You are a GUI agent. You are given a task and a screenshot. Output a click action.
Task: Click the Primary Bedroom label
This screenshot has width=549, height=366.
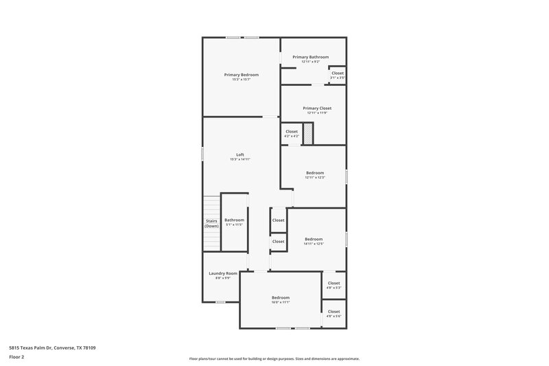241,74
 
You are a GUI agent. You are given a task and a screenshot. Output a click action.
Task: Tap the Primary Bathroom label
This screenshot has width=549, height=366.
310,57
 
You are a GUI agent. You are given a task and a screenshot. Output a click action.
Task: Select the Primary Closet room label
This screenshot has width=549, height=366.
316,108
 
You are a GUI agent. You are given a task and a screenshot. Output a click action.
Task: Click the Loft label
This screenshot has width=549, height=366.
240,155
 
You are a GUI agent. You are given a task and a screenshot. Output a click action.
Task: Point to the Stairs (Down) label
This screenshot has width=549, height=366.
211,223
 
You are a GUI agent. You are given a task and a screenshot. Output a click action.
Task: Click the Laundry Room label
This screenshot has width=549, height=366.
223,273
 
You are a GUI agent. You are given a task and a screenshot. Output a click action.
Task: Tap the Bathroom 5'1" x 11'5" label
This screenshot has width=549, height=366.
234,220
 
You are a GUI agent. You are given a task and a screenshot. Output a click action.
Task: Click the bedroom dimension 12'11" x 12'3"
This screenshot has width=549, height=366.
314,178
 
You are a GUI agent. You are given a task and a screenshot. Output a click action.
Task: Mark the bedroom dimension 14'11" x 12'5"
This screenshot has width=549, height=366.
313,244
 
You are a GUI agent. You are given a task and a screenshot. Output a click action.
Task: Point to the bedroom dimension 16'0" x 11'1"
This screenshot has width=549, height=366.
280,302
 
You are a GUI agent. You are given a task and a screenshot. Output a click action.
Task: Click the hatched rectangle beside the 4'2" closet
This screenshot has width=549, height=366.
308,133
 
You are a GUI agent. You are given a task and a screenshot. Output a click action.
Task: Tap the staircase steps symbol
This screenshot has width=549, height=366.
211,209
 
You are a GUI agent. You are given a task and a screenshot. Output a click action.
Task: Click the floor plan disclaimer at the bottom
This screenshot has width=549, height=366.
274,358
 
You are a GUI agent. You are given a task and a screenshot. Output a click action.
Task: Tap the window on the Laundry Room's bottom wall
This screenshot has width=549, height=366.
220,302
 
